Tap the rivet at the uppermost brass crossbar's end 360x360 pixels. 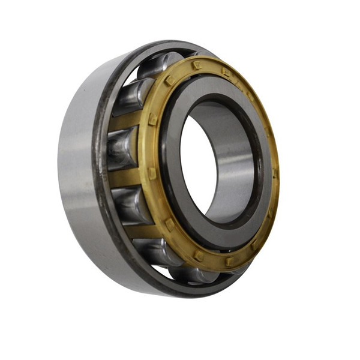[152, 119]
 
